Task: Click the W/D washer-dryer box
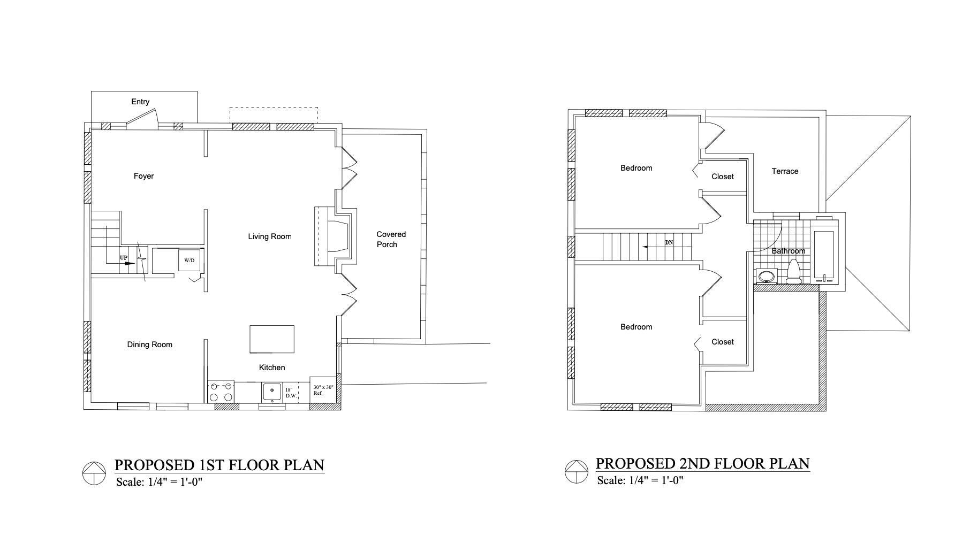(x=190, y=260)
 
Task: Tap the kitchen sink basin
(x=272, y=392)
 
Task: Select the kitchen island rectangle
(x=272, y=339)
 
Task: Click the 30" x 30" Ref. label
(x=323, y=390)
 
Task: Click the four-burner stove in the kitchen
(x=221, y=392)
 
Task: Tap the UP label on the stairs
(x=124, y=258)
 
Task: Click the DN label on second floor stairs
(x=669, y=242)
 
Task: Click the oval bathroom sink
(x=767, y=276)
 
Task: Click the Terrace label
(x=785, y=171)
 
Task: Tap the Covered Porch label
(x=391, y=239)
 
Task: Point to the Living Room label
(x=270, y=236)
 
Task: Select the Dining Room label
(x=150, y=344)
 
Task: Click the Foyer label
(x=143, y=176)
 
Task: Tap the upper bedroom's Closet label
(x=723, y=177)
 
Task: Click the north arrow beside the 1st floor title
(x=94, y=473)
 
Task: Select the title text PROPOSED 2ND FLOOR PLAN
(x=703, y=463)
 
